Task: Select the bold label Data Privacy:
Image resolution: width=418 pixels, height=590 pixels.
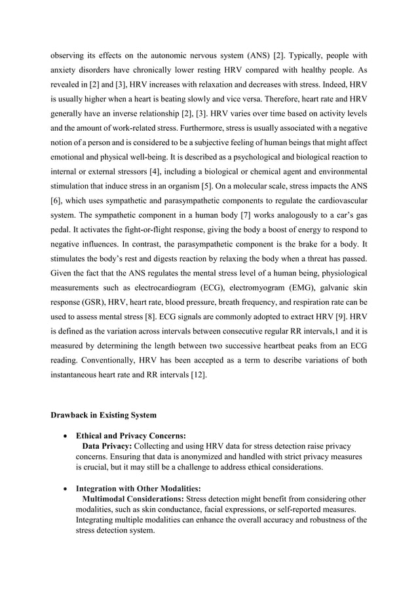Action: (x=107, y=445)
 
